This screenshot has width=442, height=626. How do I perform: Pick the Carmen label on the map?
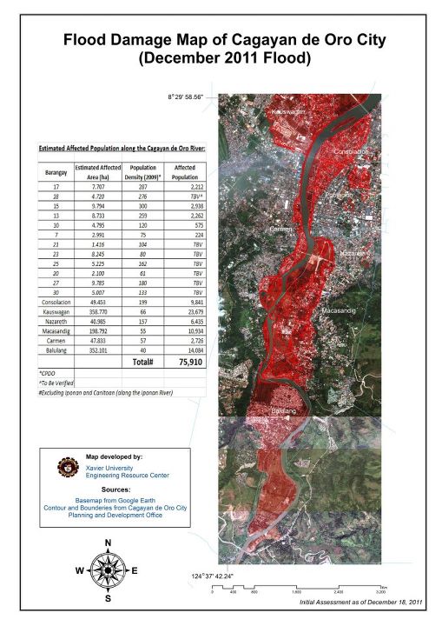pyautogui.click(x=281, y=229)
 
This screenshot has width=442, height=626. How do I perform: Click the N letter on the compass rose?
pyautogui.click(x=109, y=543)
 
